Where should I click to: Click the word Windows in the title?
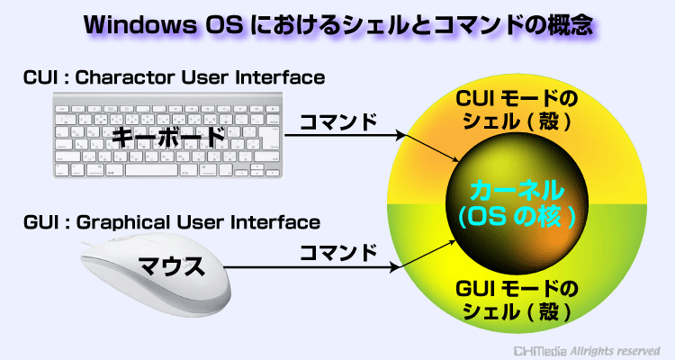tap(139, 25)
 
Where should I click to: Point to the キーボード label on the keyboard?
tap(168, 137)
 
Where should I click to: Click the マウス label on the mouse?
tap(171, 266)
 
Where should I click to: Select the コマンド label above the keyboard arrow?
tap(337, 122)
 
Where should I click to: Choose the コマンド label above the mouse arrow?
tap(337, 253)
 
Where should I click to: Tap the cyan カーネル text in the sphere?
tap(517, 190)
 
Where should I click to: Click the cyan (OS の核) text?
tap(517, 217)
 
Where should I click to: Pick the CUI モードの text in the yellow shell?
tap(517, 99)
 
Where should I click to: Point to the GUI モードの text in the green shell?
tap(517, 289)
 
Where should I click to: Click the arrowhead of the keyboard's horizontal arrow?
tap(401, 136)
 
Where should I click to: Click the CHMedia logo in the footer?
tap(541, 351)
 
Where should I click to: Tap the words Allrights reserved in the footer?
tap(616, 351)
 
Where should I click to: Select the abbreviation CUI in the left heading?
tap(40, 77)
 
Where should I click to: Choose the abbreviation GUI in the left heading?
tap(40, 222)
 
